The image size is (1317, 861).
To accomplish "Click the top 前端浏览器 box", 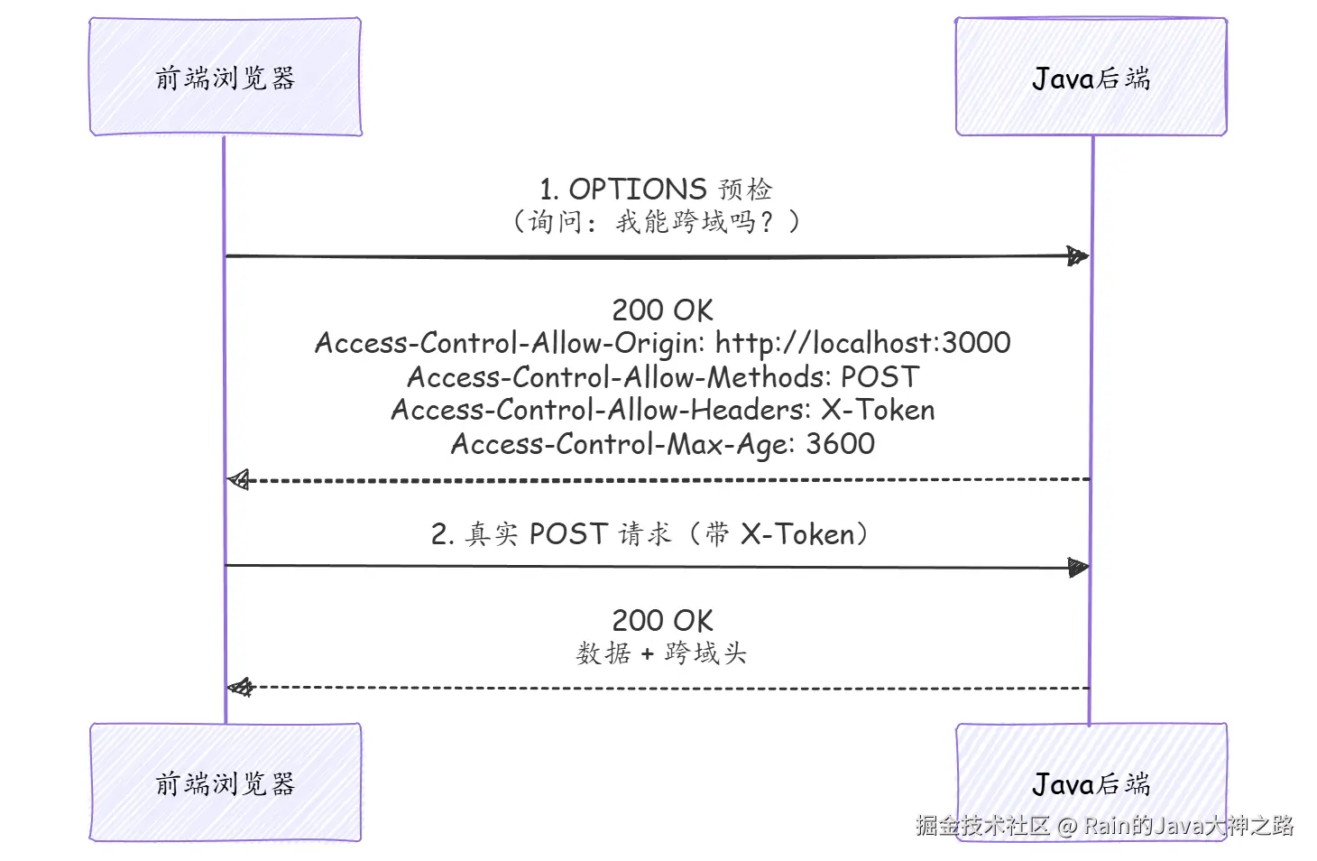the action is [x=226, y=77].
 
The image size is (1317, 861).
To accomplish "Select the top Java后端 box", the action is [x=1091, y=77].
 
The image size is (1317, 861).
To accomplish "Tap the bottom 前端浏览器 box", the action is [x=226, y=782].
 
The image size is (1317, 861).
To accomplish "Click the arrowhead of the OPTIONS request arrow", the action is [x=1078, y=255].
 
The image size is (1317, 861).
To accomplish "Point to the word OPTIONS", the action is [x=638, y=190].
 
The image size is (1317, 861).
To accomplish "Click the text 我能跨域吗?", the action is [x=695, y=222].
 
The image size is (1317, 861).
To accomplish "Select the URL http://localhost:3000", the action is [x=862, y=343].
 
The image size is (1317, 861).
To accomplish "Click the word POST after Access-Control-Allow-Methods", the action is [x=880, y=377].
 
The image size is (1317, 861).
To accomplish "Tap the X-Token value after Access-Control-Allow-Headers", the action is [x=878, y=410].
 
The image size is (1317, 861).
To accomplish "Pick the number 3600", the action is [x=840, y=443].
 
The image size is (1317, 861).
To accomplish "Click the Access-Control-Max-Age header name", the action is [x=619, y=444].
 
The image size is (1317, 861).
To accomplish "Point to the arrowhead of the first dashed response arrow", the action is [x=238, y=480].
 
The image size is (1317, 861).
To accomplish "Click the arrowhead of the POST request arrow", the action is [x=1078, y=568].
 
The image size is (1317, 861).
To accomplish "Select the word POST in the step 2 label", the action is [x=568, y=534].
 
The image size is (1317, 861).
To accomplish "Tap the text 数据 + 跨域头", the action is [x=661, y=653].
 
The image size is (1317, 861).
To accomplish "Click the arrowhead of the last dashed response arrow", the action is [x=240, y=687].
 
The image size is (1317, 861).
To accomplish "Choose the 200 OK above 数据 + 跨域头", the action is [x=663, y=620].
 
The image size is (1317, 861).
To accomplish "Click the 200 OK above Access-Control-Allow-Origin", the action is [x=663, y=310].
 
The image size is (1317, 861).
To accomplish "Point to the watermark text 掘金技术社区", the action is [x=982, y=825].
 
